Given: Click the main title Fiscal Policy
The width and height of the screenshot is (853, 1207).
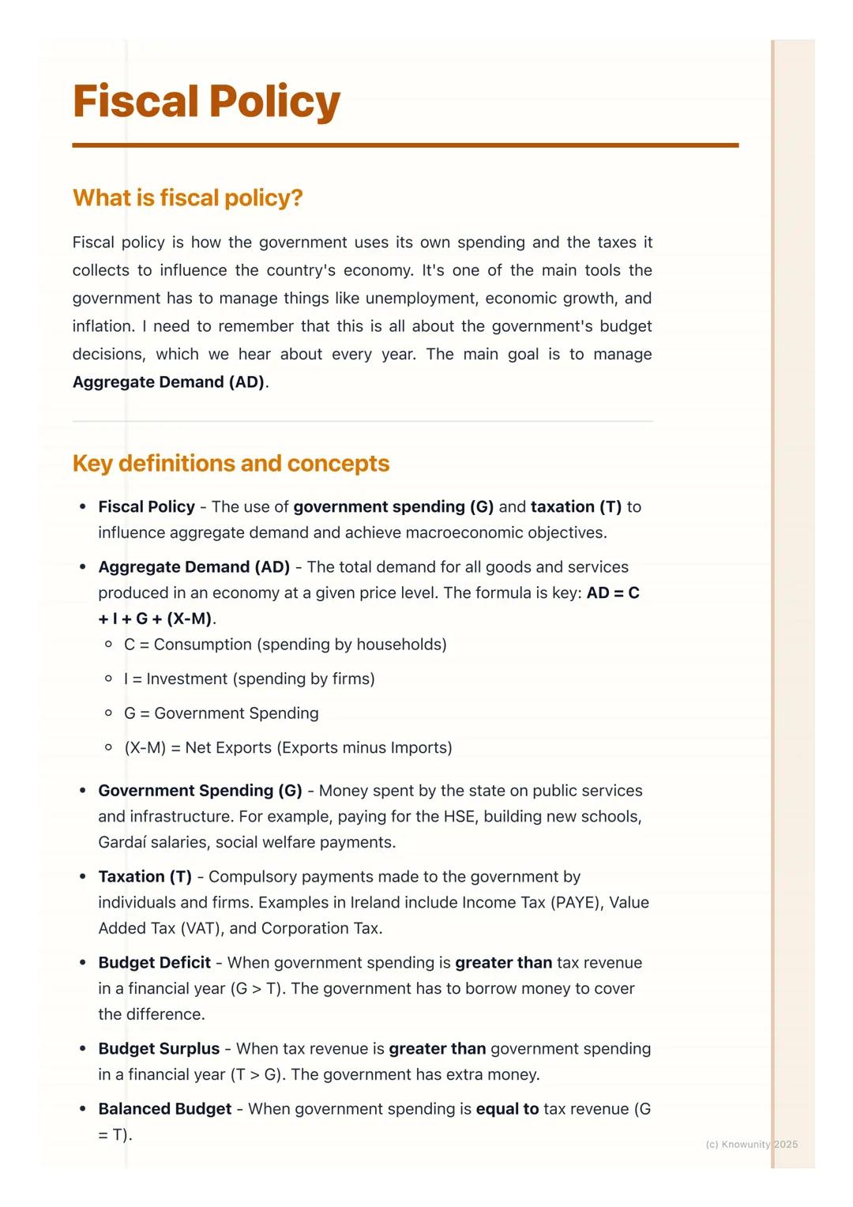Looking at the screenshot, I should [206, 102].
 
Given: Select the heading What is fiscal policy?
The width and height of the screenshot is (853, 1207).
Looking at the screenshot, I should [187, 197].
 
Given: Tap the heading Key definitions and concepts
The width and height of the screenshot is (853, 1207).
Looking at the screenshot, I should [231, 463].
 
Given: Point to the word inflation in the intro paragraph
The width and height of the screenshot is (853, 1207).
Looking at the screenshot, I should [102, 326].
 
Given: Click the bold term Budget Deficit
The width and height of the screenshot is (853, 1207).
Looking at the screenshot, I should [154, 962].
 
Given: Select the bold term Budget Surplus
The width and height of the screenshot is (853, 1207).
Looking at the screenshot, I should [159, 1048].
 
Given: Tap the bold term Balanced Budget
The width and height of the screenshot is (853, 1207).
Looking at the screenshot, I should [164, 1108].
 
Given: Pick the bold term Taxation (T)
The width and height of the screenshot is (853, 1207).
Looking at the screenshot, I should [145, 876].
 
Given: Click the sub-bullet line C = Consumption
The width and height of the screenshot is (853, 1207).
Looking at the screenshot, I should [285, 645].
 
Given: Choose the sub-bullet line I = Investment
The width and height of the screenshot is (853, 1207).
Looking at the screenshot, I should [249, 679].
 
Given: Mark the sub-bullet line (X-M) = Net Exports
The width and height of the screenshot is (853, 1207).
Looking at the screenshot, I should [287, 747].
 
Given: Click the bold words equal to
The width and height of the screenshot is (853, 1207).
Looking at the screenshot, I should [507, 1108].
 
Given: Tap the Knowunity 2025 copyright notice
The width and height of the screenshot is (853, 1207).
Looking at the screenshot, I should [751, 1144].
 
